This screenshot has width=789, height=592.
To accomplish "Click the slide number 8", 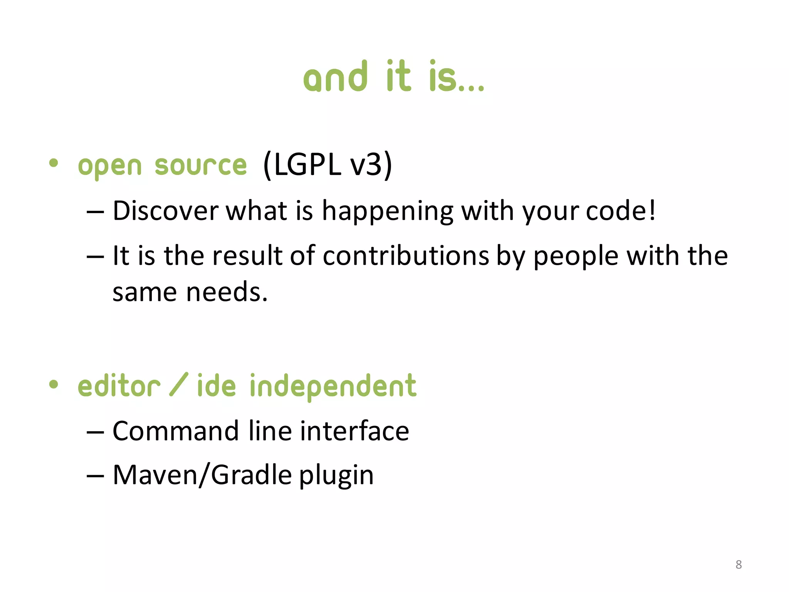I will [738, 565].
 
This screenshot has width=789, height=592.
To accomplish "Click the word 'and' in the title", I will [335, 77].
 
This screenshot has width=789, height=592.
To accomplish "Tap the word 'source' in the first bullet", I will [200, 166].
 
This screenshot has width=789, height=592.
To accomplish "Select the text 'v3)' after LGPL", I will [371, 165].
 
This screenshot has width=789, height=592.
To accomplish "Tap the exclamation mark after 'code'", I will [652, 210].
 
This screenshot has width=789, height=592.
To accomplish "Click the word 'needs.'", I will [227, 292].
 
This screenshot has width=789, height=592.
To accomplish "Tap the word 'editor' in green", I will [119, 386].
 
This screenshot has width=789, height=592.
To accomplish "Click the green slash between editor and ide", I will [179, 384].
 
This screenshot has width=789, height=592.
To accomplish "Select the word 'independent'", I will [333, 387].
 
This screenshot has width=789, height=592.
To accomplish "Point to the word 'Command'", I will [176, 431].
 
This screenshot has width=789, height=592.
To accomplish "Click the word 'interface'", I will [354, 431].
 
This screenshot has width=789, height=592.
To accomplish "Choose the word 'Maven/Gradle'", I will [202, 475].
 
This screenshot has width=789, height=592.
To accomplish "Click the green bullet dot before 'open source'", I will [54, 163].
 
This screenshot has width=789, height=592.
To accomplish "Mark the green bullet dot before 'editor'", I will [54, 384].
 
